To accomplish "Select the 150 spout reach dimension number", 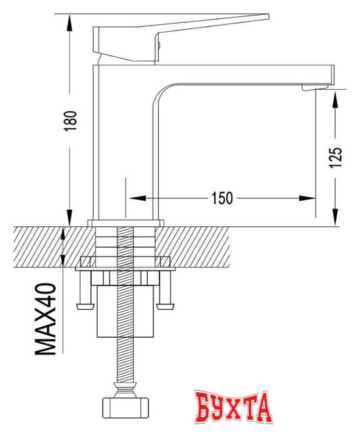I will [222, 198].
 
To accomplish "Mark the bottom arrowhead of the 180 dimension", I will [70, 217].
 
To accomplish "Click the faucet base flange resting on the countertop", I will [126, 223].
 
